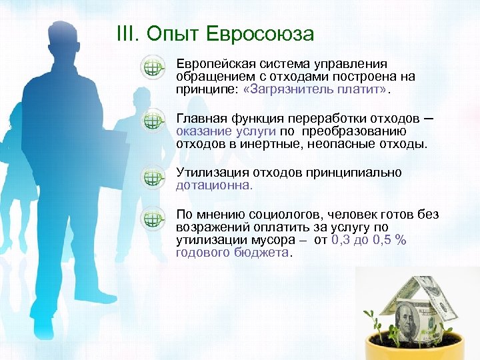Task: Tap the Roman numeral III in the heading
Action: [x=126, y=34]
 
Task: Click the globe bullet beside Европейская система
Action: [x=153, y=68]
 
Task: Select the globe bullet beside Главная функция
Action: [x=153, y=121]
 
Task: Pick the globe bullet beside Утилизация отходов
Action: [x=153, y=177]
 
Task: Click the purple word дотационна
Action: [x=213, y=185]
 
